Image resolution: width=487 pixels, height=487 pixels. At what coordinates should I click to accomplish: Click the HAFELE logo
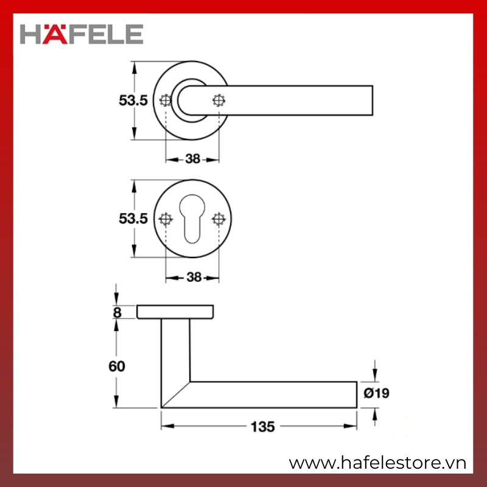click(x=82, y=34)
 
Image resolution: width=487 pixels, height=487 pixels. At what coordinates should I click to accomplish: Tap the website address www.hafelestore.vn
click(x=377, y=463)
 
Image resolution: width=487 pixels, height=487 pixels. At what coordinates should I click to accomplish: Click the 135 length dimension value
click(x=263, y=427)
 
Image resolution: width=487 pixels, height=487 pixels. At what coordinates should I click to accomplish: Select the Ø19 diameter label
click(x=376, y=393)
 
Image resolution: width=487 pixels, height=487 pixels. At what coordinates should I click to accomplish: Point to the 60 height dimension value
click(x=117, y=366)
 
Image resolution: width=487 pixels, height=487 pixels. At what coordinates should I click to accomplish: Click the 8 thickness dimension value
click(x=117, y=312)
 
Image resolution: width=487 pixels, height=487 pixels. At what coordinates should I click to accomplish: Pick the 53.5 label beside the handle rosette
click(x=133, y=100)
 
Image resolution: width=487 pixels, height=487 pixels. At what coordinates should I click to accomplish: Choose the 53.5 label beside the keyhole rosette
click(x=133, y=219)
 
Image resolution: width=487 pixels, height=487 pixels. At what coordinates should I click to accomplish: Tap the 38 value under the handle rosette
click(x=192, y=159)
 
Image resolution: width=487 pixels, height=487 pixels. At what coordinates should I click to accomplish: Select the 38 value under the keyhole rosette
click(x=194, y=277)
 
